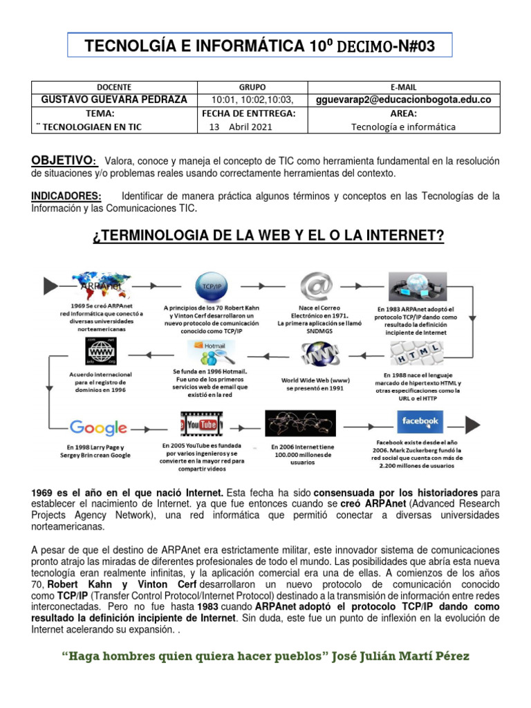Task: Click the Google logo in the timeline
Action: click(98, 427)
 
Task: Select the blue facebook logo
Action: click(420, 421)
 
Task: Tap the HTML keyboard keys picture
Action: click(417, 357)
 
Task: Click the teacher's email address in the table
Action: click(403, 100)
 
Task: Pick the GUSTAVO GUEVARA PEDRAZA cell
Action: click(114, 100)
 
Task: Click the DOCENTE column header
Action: click(114, 87)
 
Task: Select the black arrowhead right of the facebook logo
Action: click(473, 425)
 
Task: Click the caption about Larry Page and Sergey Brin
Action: click(98, 451)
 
